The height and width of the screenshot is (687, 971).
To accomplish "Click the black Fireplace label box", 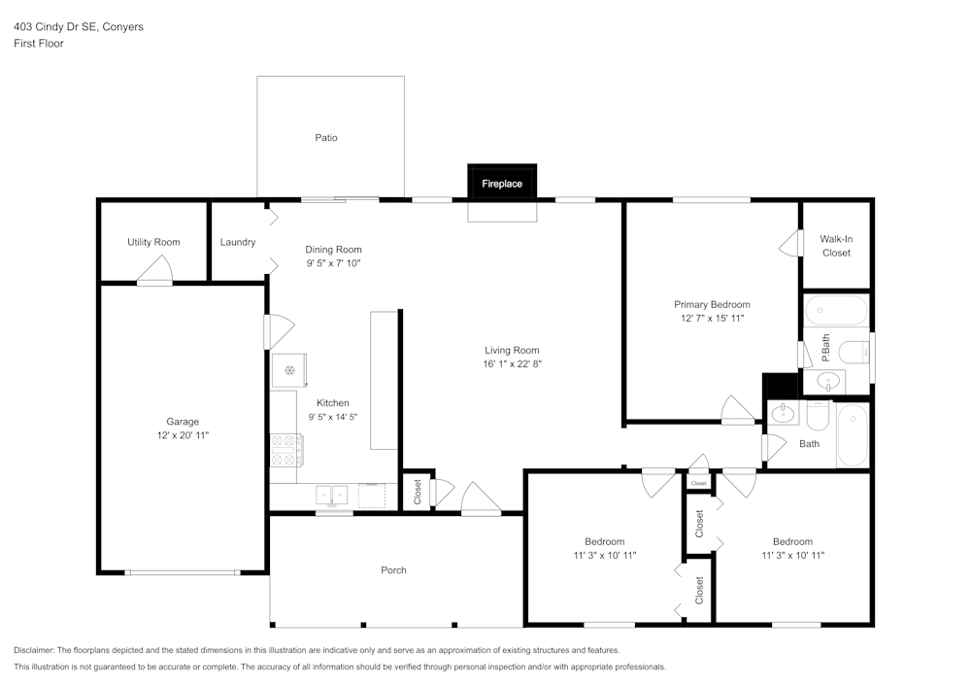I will pos(502,183).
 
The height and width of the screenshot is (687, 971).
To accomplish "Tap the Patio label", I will pos(326,138).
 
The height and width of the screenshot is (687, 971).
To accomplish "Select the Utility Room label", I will pos(153,242).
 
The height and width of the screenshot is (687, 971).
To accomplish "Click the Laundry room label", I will pos(238,242).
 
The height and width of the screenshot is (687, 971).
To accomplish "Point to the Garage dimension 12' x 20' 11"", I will pos(183,435).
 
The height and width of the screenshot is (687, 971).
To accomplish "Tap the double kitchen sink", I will pos(332,495).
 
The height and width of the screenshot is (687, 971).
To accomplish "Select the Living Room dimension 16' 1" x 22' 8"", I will pos(512,364).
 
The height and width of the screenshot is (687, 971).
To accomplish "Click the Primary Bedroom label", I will pos(712,304).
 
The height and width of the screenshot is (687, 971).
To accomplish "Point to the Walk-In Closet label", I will pos(835,245).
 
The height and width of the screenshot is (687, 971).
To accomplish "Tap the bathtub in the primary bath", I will pos(835,312).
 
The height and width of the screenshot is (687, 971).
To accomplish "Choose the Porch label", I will pos(393,570).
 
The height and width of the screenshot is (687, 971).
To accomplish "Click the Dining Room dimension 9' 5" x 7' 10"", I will pos(333,263).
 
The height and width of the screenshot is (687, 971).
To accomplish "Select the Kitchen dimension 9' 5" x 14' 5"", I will pos(333,417).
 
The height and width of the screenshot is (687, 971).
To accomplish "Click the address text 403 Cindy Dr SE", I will pos(56,27).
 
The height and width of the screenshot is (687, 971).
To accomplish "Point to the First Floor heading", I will pos(39,44).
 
